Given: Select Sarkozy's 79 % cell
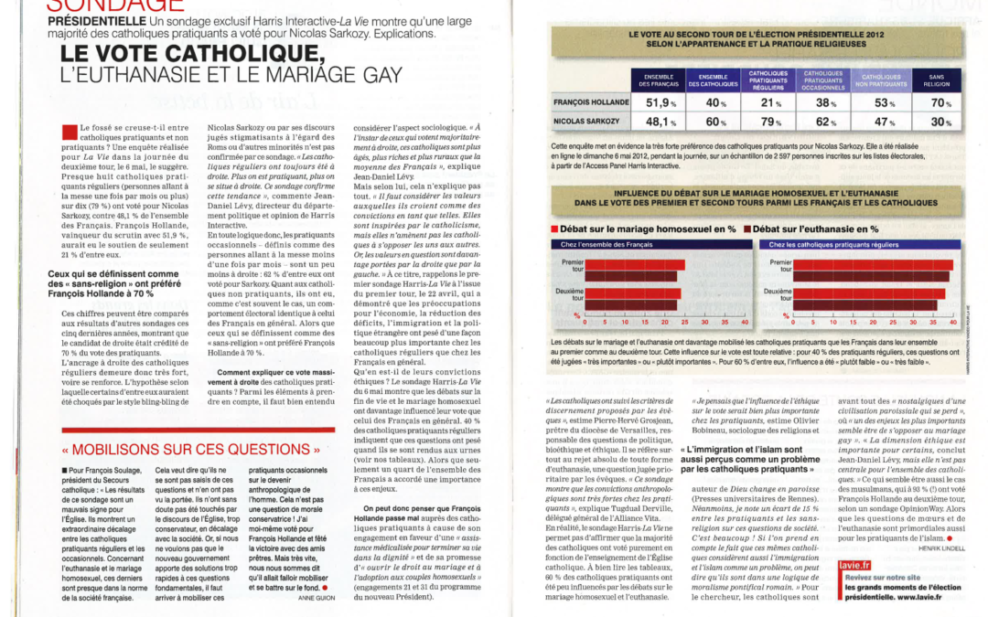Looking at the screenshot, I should pyautogui.click(x=770, y=122).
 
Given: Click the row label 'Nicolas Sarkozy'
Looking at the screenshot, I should pyautogui.click(x=586, y=122).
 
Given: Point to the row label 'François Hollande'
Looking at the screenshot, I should pyautogui.click(x=590, y=103).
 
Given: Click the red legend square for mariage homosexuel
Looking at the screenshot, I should pyautogui.click(x=554, y=229).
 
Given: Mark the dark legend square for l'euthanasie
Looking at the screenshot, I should pyautogui.click(x=747, y=229).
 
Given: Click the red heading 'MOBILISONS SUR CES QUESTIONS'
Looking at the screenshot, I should pyautogui.click(x=193, y=450).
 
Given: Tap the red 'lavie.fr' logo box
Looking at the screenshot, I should pyautogui.click(x=854, y=567).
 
